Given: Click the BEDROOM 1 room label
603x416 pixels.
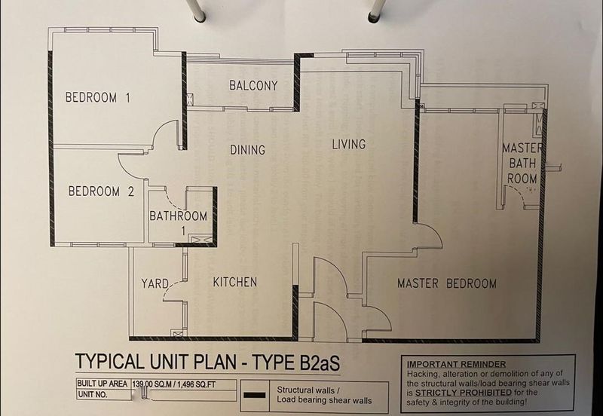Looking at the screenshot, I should coord(98,97).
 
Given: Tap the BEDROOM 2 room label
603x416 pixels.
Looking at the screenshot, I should coord(101,191).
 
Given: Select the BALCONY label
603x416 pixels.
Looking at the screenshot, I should coord(253,85).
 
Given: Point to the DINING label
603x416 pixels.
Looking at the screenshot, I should coord(247,150).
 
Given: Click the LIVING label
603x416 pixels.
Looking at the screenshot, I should coord(348,144).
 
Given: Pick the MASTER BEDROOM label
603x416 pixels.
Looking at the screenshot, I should coord(447,283).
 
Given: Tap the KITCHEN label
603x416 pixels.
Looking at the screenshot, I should coord(234,282).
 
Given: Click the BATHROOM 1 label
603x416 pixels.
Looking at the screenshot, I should coord(179,221).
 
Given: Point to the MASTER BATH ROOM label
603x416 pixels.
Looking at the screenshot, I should coord(522,163).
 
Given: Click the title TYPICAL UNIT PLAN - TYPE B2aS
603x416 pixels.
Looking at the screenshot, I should coord(207,362).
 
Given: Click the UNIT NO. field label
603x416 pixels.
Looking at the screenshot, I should coord(92,393).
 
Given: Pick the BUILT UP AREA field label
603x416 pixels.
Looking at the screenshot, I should coord(102,384).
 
